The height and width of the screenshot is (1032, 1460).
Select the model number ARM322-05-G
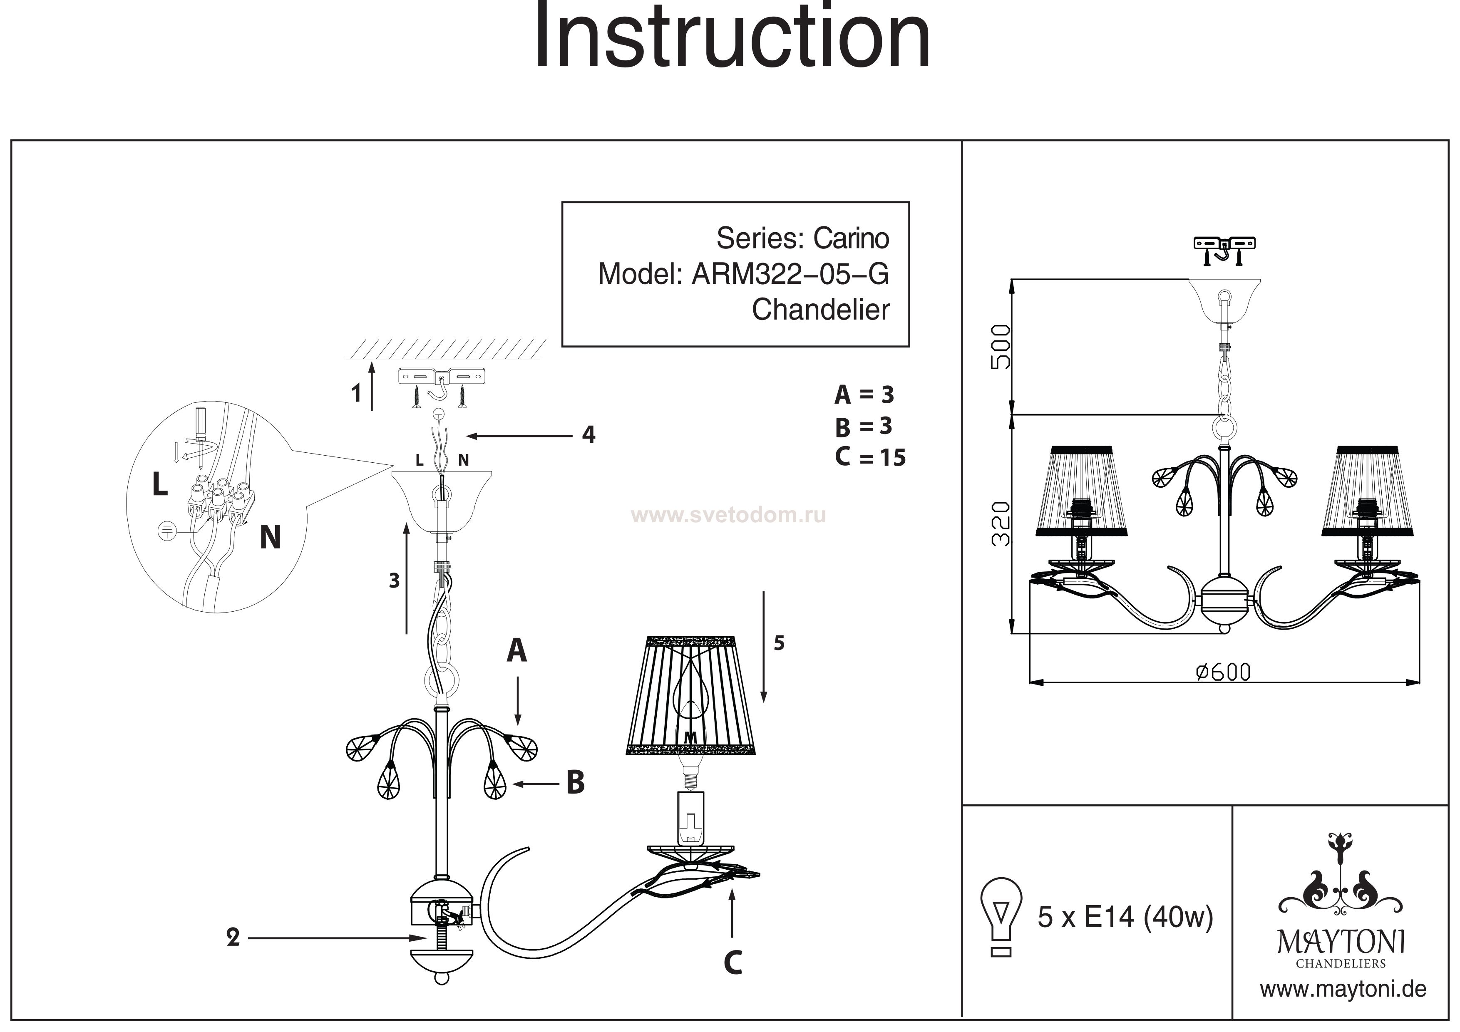coord(790,274)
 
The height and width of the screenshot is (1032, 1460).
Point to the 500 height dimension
coord(1000,347)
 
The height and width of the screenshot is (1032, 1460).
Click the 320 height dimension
coord(1000,523)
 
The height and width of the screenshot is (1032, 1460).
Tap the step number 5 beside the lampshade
coord(779,643)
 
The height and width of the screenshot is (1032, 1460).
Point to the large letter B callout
coord(576,783)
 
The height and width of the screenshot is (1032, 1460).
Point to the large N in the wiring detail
coord(270,537)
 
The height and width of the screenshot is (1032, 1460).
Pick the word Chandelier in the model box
coord(820,310)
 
